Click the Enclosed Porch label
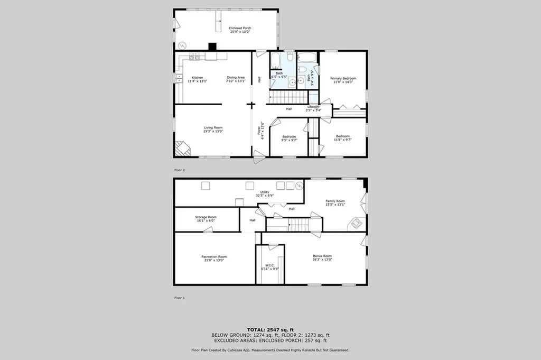(x=240, y=30)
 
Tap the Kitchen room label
(x=197, y=79)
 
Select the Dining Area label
(x=236, y=79)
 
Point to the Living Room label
(x=213, y=129)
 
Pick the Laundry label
(x=314, y=108)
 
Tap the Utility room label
(x=265, y=193)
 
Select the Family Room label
(x=335, y=202)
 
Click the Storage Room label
(x=206, y=218)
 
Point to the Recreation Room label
(x=214, y=258)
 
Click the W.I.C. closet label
(x=269, y=267)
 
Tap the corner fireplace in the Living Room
(x=182, y=149)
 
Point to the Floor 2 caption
(x=180, y=170)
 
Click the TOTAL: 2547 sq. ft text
(x=270, y=330)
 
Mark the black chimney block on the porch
(x=212, y=47)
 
